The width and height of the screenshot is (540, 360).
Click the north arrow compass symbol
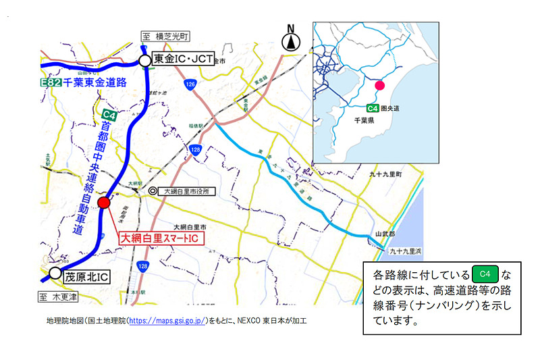(x=291, y=39)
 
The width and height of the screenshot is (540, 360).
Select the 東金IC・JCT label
(x=180, y=60)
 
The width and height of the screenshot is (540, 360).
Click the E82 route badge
(x=51, y=82)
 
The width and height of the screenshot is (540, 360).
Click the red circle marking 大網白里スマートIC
(x=104, y=203)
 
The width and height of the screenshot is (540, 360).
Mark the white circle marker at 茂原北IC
(x=55, y=274)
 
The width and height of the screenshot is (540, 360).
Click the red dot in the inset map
(x=379, y=86)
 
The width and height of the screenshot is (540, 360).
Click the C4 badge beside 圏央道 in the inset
(x=372, y=108)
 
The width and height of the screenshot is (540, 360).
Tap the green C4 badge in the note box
(x=484, y=274)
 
